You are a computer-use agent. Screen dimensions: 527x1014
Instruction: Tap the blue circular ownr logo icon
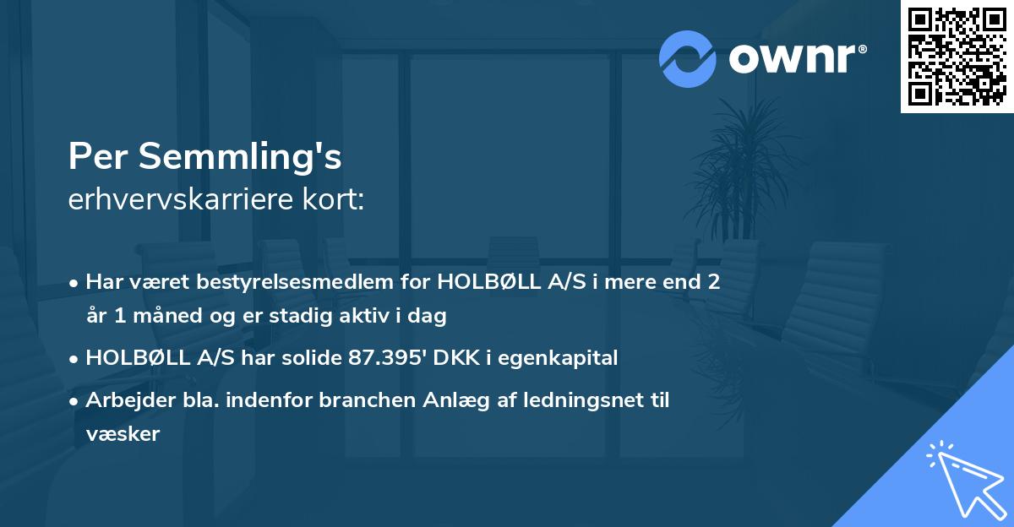pos(689,58)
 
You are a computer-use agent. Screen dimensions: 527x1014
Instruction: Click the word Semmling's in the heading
pos(241,157)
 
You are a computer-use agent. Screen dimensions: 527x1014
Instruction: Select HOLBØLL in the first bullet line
pos(477,281)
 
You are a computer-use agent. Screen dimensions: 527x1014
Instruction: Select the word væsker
pos(123,434)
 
